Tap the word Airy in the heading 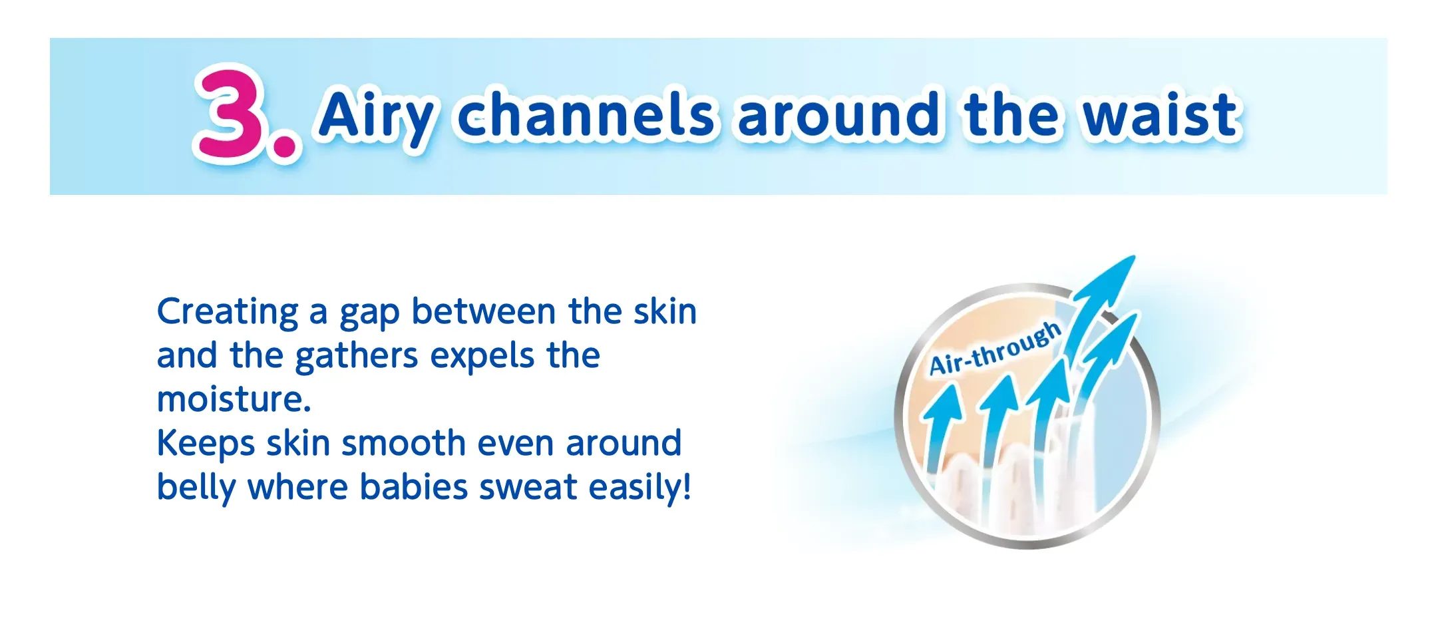(377, 117)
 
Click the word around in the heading (838, 114)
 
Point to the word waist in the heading (1161, 115)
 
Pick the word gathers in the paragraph (357, 357)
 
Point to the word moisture (234, 399)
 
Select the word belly (196, 488)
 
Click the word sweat (528, 488)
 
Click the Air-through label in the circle (994, 349)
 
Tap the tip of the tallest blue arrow (1135, 255)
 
